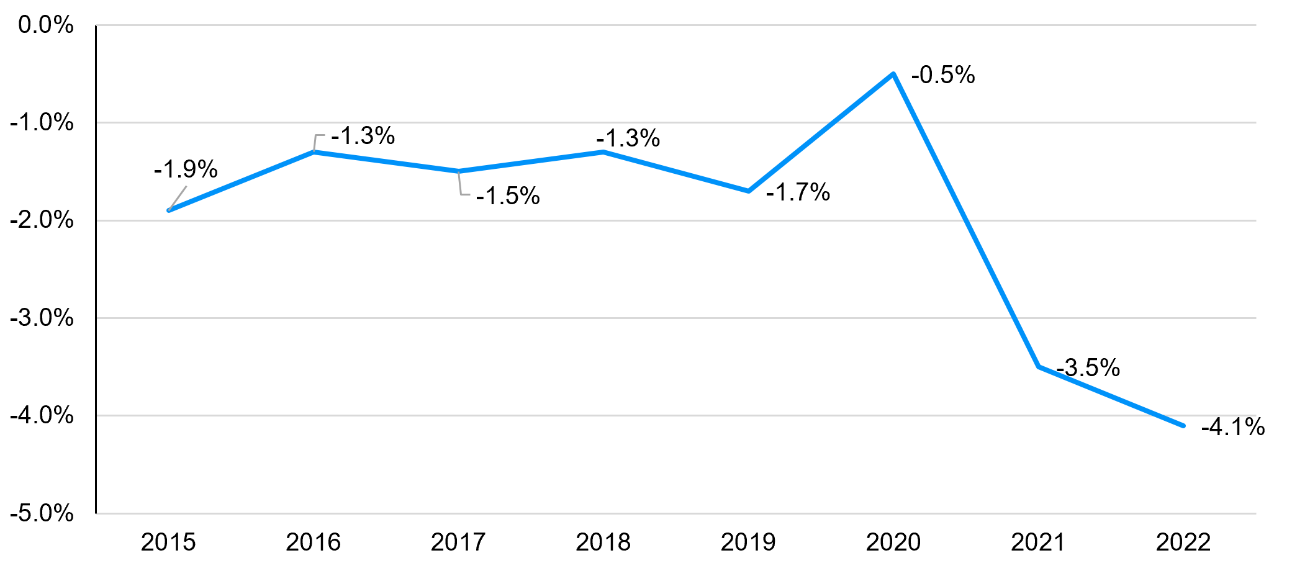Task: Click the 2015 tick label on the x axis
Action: tap(168, 542)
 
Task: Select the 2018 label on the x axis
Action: tap(603, 542)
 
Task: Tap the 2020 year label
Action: tap(893, 542)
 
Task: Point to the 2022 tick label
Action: tap(1183, 542)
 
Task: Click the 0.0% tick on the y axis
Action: tap(46, 25)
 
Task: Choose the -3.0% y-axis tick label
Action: tap(42, 318)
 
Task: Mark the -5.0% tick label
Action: tap(42, 514)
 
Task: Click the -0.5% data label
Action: tap(943, 75)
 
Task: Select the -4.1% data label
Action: tap(1233, 427)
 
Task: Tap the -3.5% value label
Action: tap(1088, 368)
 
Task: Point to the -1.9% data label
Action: tap(186, 169)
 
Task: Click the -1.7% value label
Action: tap(798, 192)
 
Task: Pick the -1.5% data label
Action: tap(508, 196)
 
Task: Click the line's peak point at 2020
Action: tap(893, 74)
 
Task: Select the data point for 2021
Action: tap(1039, 367)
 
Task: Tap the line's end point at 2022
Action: tap(1183, 426)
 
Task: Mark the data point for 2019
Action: tap(749, 191)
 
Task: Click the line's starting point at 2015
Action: tap(168, 210)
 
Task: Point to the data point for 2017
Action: tap(458, 171)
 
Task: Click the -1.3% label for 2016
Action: tap(363, 136)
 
